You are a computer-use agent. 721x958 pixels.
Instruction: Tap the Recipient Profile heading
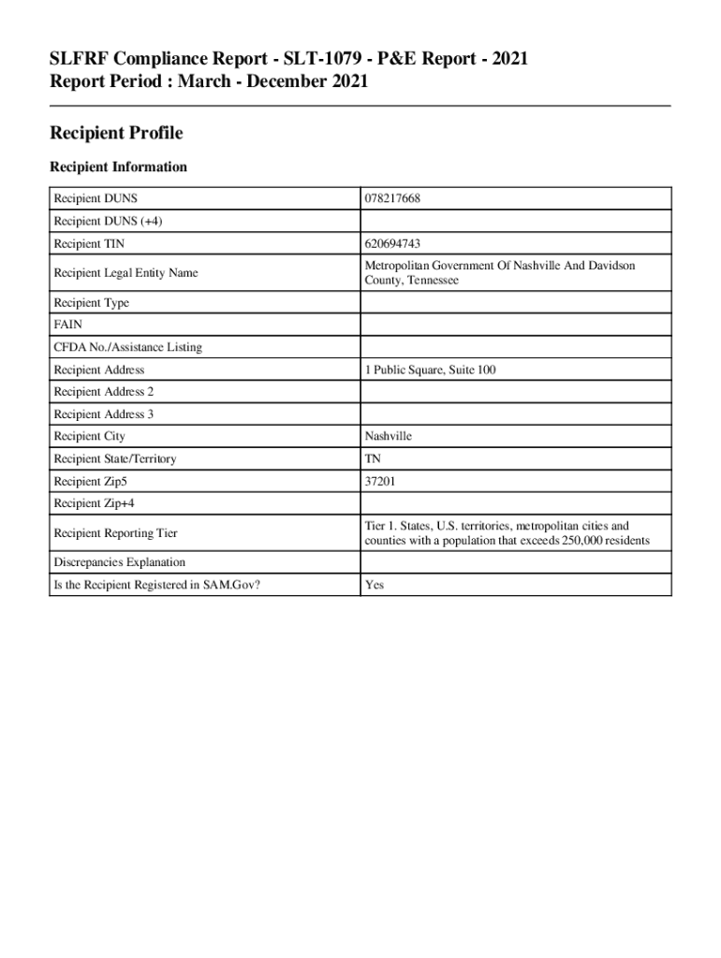pyautogui.click(x=116, y=134)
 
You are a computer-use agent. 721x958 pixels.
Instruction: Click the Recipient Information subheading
pyautogui.click(x=118, y=167)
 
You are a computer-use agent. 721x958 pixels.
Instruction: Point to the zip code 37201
pyautogui.click(x=383, y=482)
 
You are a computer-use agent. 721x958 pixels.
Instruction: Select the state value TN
pyautogui.click(x=374, y=459)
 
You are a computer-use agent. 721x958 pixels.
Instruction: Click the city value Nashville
pyautogui.click(x=389, y=437)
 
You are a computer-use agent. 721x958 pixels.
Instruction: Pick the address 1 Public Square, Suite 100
pyautogui.click(x=431, y=370)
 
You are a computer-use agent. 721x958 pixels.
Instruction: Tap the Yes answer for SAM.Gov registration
pyautogui.click(x=375, y=585)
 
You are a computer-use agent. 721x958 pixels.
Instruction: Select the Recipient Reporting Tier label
pyautogui.click(x=115, y=533)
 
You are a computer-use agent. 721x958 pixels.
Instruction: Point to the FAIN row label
pyautogui.click(x=67, y=326)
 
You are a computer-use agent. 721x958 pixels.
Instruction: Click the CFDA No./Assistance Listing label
pyautogui.click(x=127, y=348)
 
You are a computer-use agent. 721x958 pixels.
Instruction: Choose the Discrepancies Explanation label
pyautogui.click(x=119, y=562)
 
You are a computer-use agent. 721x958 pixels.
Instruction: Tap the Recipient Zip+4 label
pyautogui.click(x=95, y=504)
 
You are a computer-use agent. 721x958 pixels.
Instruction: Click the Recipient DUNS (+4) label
pyautogui.click(x=101, y=221)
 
